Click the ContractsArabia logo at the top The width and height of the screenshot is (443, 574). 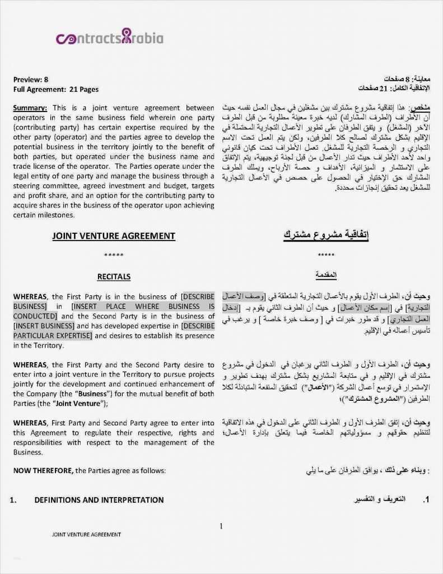[x=110, y=38]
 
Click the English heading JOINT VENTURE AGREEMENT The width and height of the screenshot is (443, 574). [x=114, y=236]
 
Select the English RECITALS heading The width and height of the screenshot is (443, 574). [x=114, y=276]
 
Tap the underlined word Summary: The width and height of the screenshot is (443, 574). [x=30, y=108]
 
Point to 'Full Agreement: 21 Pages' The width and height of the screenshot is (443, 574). [x=56, y=89]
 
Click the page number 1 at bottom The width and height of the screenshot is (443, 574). [x=221, y=526]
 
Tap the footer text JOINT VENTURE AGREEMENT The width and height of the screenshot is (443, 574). [x=87, y=534]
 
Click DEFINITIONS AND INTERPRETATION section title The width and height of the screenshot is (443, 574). [x=99, y=500]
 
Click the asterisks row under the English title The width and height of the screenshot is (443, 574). [x=114, y=256]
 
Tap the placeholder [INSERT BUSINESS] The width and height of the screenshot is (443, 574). [x=44, y=326]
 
